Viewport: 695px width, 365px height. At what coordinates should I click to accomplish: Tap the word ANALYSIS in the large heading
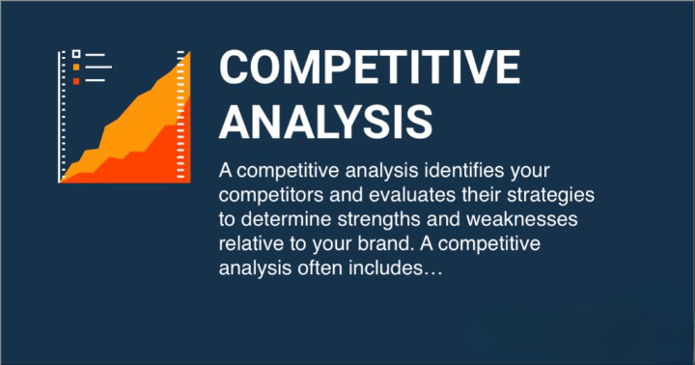[325, 121]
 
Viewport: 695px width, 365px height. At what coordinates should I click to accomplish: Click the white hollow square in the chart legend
[75, 55]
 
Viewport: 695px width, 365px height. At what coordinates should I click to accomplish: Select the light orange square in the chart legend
[75, 68]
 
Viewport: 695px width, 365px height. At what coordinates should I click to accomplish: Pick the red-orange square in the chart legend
[75, 80]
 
